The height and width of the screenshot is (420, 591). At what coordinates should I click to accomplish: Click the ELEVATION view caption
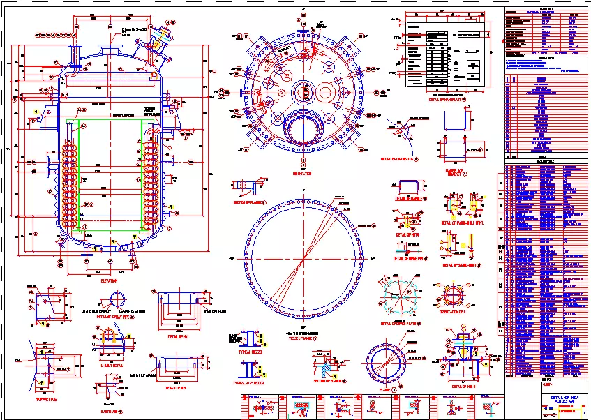[x=108, y=280]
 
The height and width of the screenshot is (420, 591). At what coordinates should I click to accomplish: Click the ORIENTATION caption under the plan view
[x=302, y=174]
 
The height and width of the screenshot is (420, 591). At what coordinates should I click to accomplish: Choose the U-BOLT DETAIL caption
[x=107, y=363]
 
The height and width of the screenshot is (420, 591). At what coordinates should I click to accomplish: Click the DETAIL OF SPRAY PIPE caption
[x=116, y=315]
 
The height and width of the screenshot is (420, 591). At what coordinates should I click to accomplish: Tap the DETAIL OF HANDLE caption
[x=410, y=199]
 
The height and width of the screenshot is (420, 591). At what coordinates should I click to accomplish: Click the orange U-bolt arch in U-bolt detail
[x=107, y=338]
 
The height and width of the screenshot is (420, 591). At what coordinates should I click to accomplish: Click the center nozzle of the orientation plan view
[x=302, y=91]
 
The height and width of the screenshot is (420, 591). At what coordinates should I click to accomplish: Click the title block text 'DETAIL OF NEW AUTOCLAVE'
[x=556, y=399]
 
